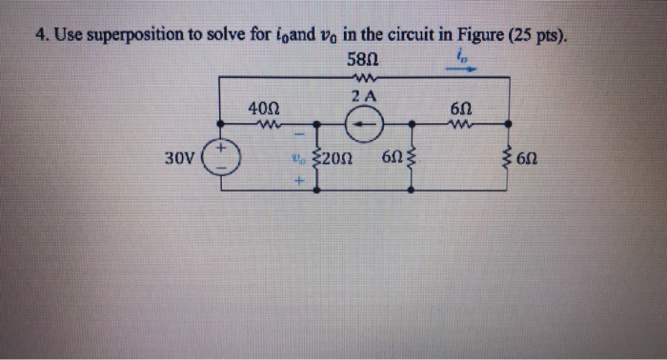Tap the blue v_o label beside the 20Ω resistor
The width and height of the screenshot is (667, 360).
298,159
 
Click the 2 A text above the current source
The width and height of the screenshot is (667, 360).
362,97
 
